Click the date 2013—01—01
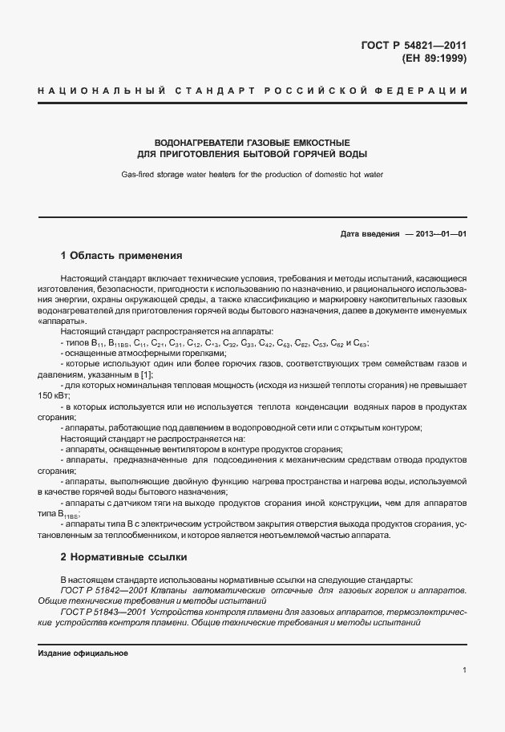pos(438,234)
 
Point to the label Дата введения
pos(370,234)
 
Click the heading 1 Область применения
pos(122,256)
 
